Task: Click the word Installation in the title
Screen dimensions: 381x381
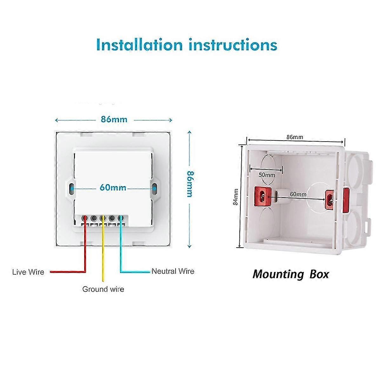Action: click(139, 45)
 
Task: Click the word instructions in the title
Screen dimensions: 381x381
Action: click(233, 45)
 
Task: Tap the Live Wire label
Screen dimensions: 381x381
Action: click(28, 272)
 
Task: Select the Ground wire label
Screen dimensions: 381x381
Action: click(103, 289)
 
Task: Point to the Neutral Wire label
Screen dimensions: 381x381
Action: click(173, 271)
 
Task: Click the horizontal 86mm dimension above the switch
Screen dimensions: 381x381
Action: click(114, 119)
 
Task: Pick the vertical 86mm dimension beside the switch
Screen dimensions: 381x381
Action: click(190, 184)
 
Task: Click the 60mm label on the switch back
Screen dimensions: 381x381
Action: click(113, 188)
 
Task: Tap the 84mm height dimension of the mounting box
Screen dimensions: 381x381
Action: click(236, 197)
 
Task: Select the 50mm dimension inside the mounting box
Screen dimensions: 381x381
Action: click(266, 175)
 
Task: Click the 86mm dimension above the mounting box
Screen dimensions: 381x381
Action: click(295, 137)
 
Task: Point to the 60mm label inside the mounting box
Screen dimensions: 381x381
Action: click(298, 194)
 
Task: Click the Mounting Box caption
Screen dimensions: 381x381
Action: click(291, 274)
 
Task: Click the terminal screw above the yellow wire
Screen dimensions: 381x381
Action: click(103, 218)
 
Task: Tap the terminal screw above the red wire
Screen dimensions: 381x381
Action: click(85, 218)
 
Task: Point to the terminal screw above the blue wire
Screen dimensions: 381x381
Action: click(121, 218)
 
